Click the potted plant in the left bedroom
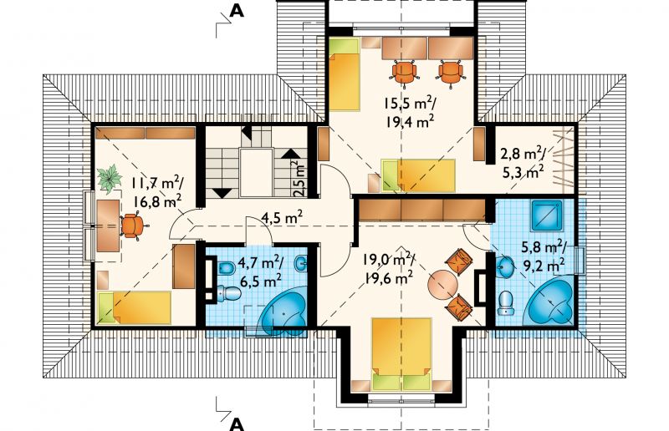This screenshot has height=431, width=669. click(110, 178)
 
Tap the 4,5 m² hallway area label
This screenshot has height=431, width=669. click(282, 218)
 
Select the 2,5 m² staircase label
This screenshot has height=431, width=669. click(300, 178)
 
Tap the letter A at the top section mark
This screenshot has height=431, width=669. click(237, 11)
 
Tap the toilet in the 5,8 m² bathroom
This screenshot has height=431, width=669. click(506, 302)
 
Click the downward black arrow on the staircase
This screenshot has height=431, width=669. click(222, 193)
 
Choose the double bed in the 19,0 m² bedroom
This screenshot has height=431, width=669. click(401, 353)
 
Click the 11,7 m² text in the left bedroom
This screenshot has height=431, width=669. click(157, 185)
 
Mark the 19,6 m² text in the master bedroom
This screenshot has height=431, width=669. click(388, 278)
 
